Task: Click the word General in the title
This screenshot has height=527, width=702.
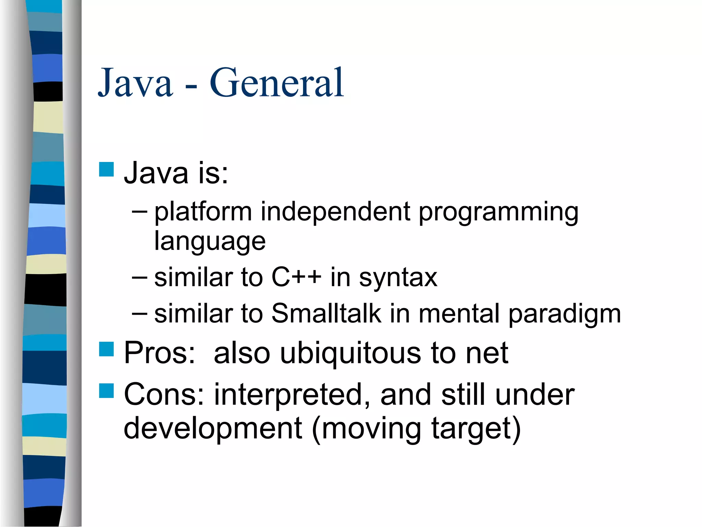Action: (276, 83)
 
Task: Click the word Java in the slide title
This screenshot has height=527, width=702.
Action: (135, 83)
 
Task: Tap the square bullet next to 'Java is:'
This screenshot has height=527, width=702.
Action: (106, 169)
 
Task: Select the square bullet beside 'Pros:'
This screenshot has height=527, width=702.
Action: (106, 349)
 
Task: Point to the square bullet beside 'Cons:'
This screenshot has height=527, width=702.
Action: (106, 390)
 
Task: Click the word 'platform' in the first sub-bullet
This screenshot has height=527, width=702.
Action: (203, 212)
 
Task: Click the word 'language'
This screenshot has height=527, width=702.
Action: (210, 242)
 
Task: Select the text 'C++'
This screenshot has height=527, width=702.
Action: (296, 277)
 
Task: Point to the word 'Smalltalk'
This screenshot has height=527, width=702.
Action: (326, 313)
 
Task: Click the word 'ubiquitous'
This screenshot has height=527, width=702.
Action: (351, 353)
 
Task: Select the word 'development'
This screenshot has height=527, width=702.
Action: (213, 429)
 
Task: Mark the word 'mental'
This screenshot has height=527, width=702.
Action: (459, 313)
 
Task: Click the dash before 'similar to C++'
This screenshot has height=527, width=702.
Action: (140, 276)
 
